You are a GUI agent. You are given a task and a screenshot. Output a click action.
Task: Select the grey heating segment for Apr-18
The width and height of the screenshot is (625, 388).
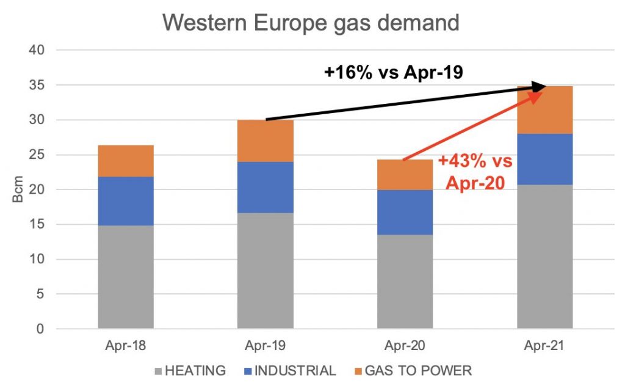click(126, 277)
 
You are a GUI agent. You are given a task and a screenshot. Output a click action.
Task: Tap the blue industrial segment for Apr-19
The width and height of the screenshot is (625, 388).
click(266, 187)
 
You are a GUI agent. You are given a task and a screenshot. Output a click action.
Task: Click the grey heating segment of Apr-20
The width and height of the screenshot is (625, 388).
click(405, 281)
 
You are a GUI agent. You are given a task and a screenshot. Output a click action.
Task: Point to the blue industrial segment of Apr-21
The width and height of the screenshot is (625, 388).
click(544, 159)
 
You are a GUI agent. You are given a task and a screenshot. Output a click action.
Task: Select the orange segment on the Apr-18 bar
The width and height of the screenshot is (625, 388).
click(126, 161)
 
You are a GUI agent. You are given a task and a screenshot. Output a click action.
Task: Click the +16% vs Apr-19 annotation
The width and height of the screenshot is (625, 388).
click(394, 73)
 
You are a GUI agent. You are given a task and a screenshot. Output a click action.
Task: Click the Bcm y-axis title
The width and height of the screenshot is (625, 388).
click(18, 190)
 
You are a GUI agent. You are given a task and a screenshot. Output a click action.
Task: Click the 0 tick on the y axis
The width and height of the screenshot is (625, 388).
click(41, 329)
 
